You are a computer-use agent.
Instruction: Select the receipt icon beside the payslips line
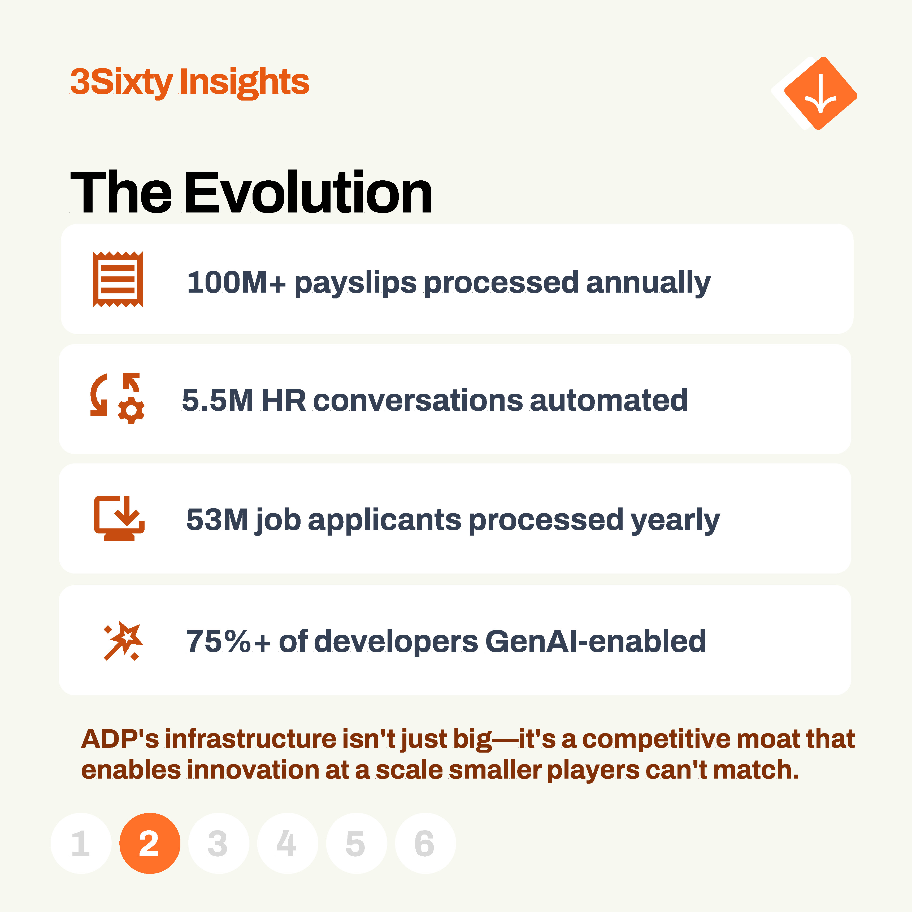click(x=118, y=279)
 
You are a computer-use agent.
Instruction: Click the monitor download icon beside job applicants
click(x=119, y=518)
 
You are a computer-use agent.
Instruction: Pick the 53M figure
click(x=217, y=520)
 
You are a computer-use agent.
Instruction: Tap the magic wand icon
click(x=123, y=641)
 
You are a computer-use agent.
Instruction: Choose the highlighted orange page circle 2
click(x=150, y=843)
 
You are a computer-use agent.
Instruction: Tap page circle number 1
click(x=81, y=843)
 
